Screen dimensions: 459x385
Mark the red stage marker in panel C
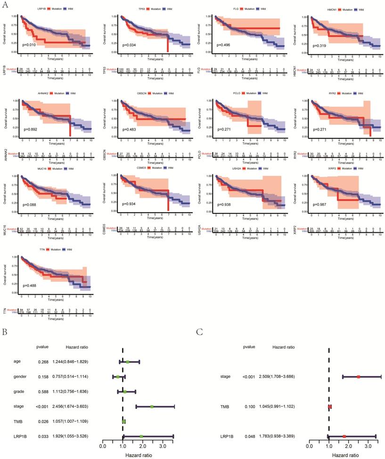(x=359, y=377)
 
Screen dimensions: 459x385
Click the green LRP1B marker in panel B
(x=141, y=436)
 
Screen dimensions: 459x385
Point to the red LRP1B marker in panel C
(x=344, y=436)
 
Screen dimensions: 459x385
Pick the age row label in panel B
(x=18, y=362)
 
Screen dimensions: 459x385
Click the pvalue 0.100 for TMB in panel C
(x=249, y=406)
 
